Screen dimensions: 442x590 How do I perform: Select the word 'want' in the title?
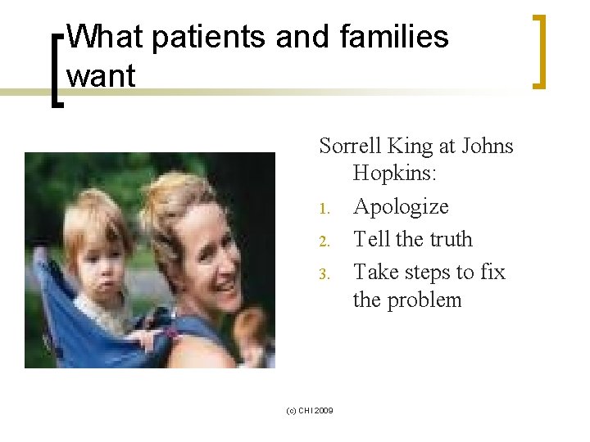100,75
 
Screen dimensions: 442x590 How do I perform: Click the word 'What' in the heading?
104,38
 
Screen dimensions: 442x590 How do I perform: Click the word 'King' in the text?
411,147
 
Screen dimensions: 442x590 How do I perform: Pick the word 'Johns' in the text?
488,147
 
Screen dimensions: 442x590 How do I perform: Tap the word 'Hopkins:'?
395,174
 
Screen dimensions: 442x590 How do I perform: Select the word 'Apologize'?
401,207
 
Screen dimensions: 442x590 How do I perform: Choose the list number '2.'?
324,241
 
